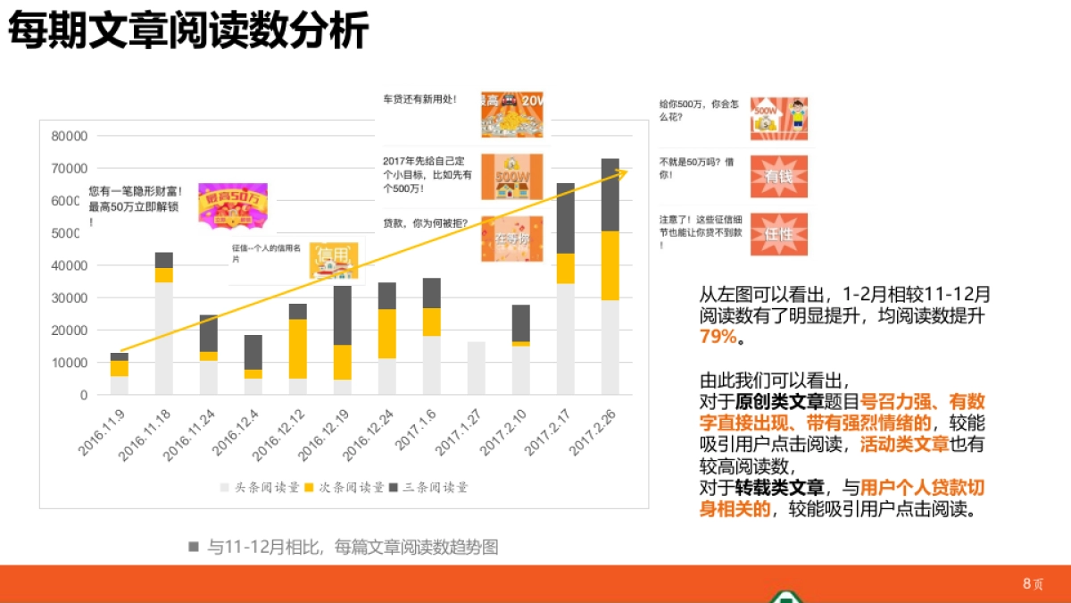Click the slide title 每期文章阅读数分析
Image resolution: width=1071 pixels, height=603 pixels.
[188, 32]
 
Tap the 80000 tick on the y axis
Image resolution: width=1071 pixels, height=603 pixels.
[70, 137]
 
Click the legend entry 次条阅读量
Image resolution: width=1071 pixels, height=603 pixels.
[344, 488]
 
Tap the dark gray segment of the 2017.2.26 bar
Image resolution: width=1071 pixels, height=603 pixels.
[610, 195]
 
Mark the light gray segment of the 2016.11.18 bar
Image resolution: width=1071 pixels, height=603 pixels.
[164, 339]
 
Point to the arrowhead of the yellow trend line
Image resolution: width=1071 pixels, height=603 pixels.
[623, 170]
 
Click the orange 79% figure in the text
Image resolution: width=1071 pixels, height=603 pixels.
[718, 337]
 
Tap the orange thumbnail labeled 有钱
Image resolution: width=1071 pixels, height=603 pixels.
[778, 176]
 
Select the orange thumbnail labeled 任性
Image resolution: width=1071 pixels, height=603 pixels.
[778, 234]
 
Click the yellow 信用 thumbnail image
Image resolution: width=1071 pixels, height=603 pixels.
[336, 258]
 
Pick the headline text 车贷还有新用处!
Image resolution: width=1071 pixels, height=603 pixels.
[419, 99]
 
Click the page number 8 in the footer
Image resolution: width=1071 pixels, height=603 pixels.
[1026, 583]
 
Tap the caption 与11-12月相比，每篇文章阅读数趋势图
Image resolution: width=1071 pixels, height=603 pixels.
[353, 548]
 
